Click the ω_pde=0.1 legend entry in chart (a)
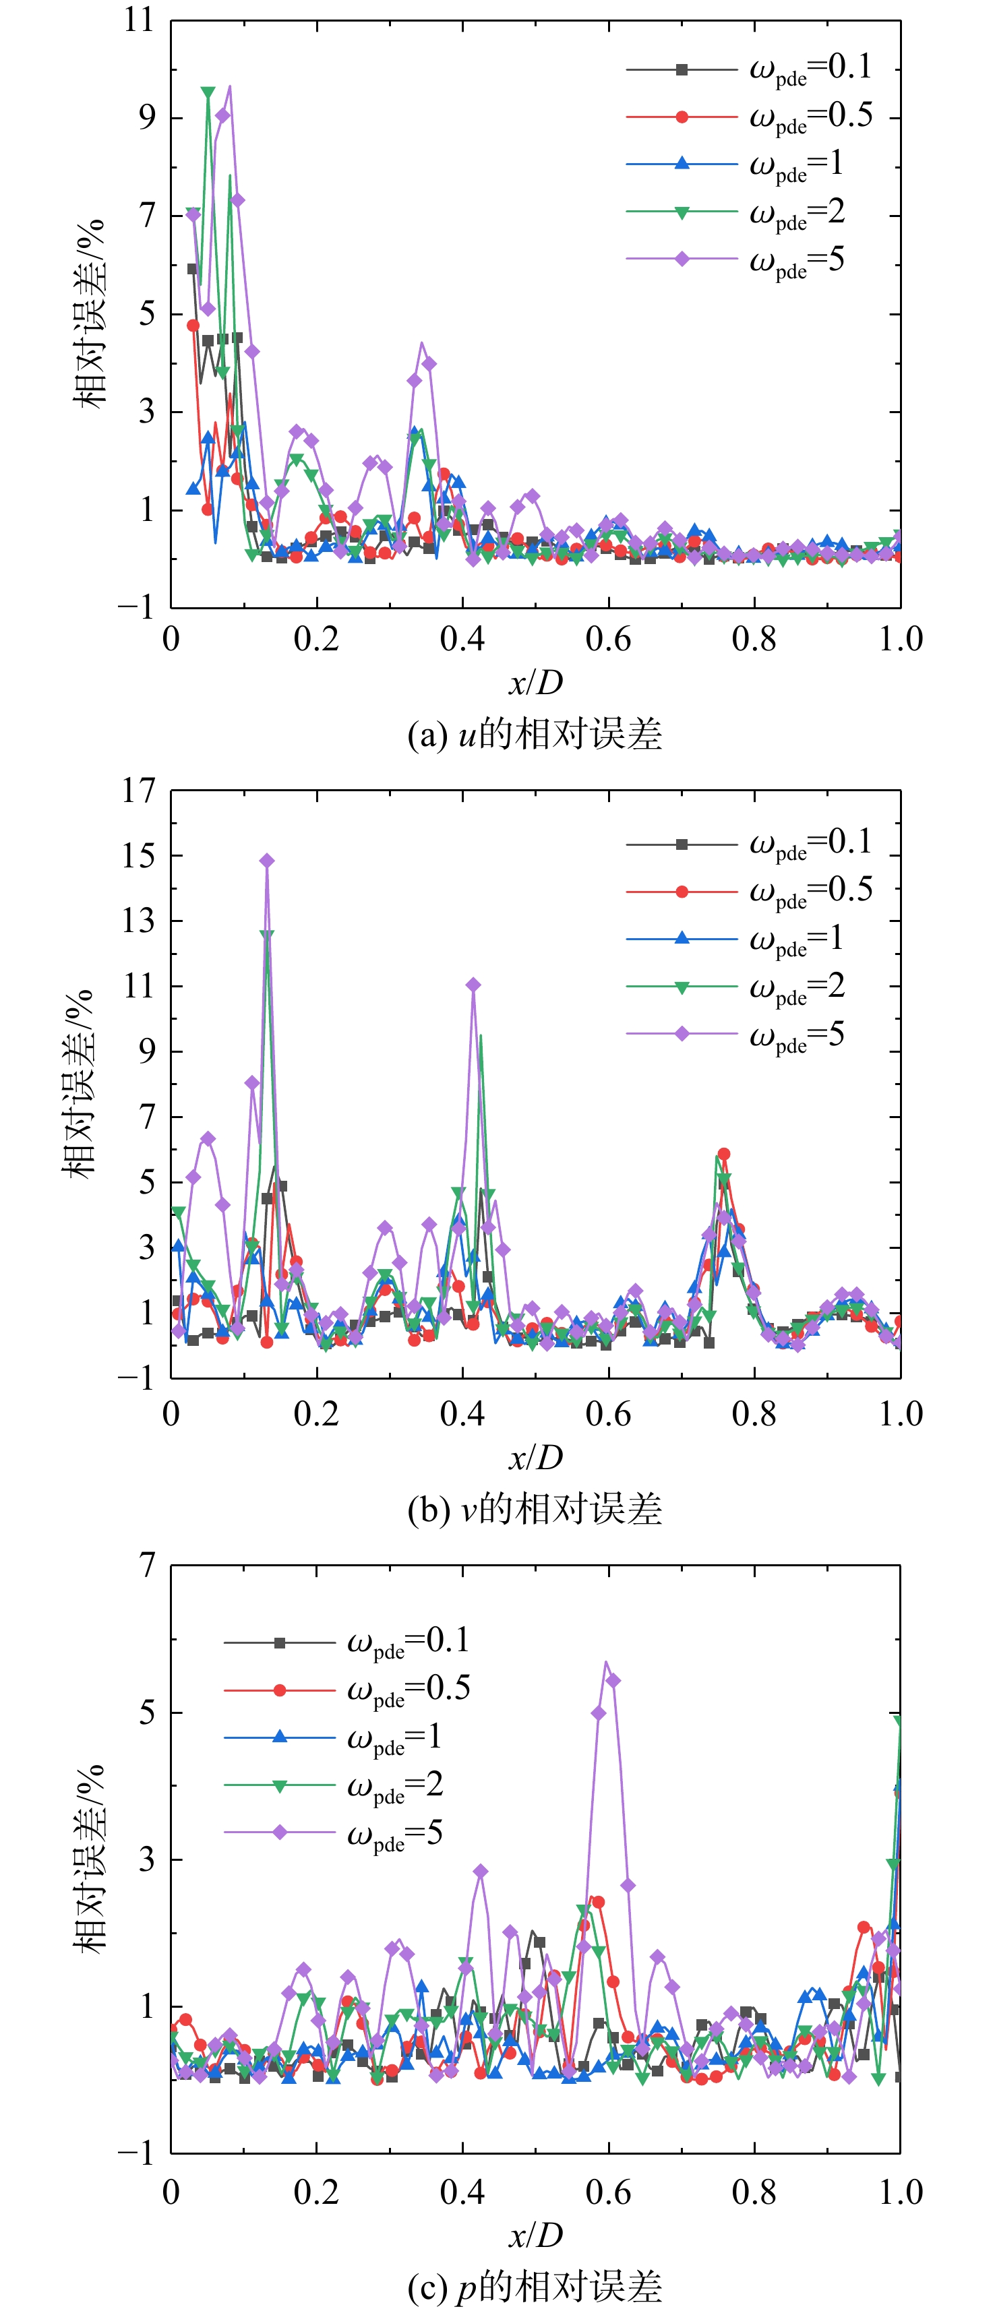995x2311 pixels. click(x=749, y=69)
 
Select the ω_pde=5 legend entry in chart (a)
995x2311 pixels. click(x=735, y=260)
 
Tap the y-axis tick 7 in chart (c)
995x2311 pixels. click(x=148, y=1566)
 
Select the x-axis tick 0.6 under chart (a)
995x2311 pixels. click(x=608, y=639)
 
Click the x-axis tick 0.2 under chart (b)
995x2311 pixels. click(x=317, y=1414)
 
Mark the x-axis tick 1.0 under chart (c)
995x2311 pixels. click(x=900, y=2192)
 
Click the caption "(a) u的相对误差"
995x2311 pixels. click(x=535, y=735)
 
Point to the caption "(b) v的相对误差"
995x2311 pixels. click(x=535, y=1510)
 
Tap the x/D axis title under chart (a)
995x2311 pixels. click(x=536, y=683)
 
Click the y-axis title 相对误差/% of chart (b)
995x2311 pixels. click(x=78, y=1084)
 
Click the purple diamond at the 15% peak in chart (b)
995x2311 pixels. click(x=266, y=861)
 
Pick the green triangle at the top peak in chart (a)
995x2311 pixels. click(x=208, y=92)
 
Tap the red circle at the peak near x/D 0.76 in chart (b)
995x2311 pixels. click(x=724, y=1154)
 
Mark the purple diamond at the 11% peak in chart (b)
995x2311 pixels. click(x=473, y=985)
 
